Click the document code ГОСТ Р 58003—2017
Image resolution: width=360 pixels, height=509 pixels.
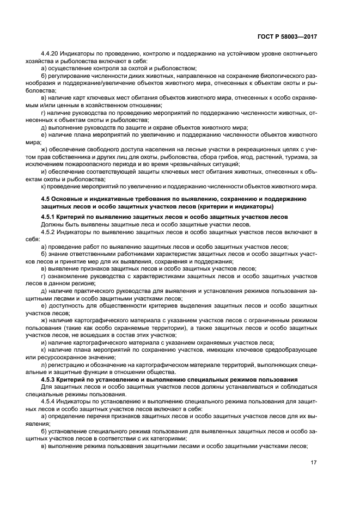(x=286, y=36)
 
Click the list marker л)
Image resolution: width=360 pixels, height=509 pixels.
(x=44, y=365)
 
